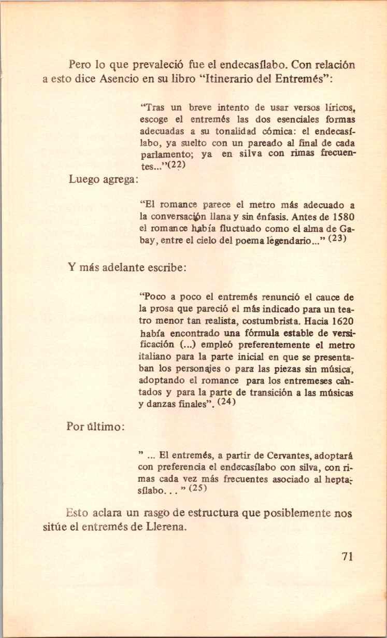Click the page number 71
click(347, 557)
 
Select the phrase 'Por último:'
click(95, 426)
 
